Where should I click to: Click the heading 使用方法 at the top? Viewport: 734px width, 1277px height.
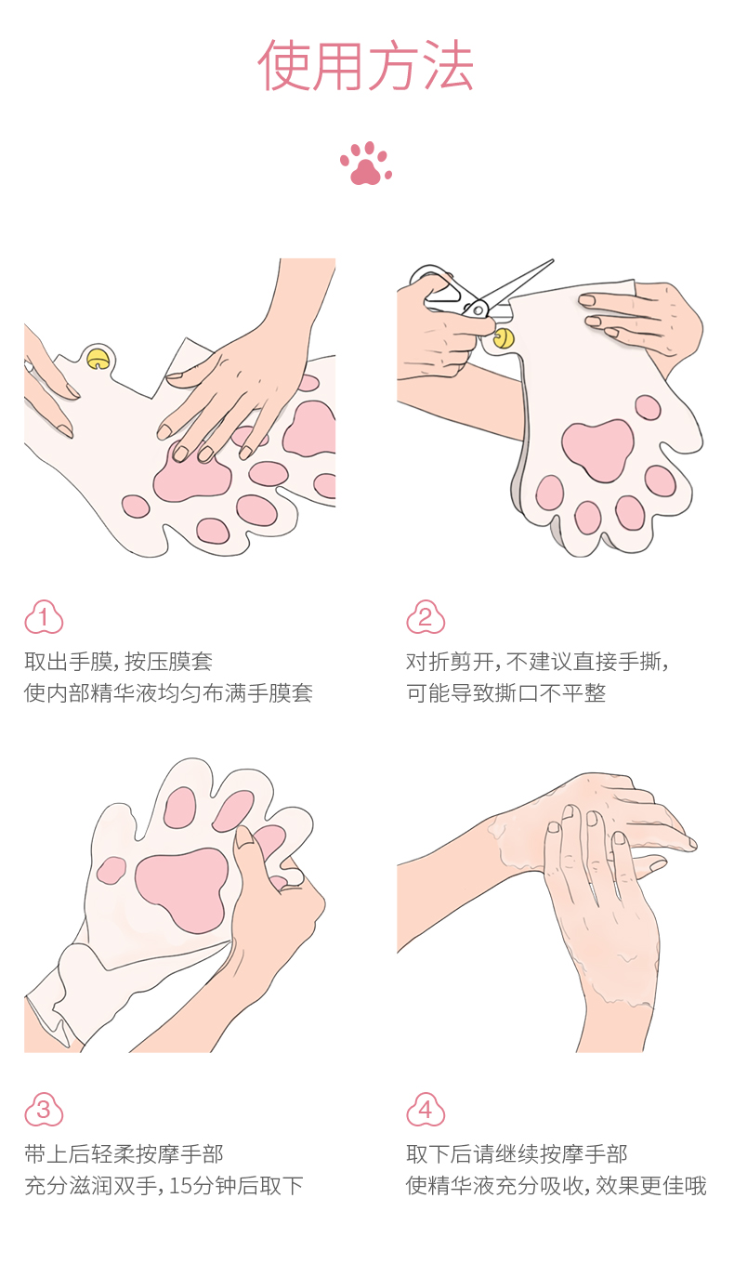(366, 66)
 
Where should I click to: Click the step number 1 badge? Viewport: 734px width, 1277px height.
(44, 617)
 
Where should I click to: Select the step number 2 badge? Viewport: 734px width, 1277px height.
(426, 617)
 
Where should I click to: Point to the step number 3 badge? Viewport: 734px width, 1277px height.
(44, 1110)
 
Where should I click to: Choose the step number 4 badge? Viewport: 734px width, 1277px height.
(426, 1110)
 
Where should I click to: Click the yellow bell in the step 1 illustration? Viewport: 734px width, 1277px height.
(98, 359)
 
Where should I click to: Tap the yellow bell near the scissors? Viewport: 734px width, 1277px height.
(504, 338)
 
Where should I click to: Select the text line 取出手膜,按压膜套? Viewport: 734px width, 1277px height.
(119, 662)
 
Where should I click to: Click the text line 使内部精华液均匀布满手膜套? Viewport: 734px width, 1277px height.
(169, 693)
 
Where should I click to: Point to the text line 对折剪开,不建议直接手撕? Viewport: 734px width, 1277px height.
(537, 662)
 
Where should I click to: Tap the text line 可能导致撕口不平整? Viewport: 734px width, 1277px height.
(506, 693)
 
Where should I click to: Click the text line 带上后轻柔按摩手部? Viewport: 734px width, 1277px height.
(125, 1154)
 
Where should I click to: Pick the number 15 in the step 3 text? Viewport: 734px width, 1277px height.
(180, 1186)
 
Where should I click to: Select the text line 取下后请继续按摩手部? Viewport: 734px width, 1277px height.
(517, 1154)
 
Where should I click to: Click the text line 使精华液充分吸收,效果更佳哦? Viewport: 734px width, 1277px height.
(557, 1186)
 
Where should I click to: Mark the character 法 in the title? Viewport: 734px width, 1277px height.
(449, 66)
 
